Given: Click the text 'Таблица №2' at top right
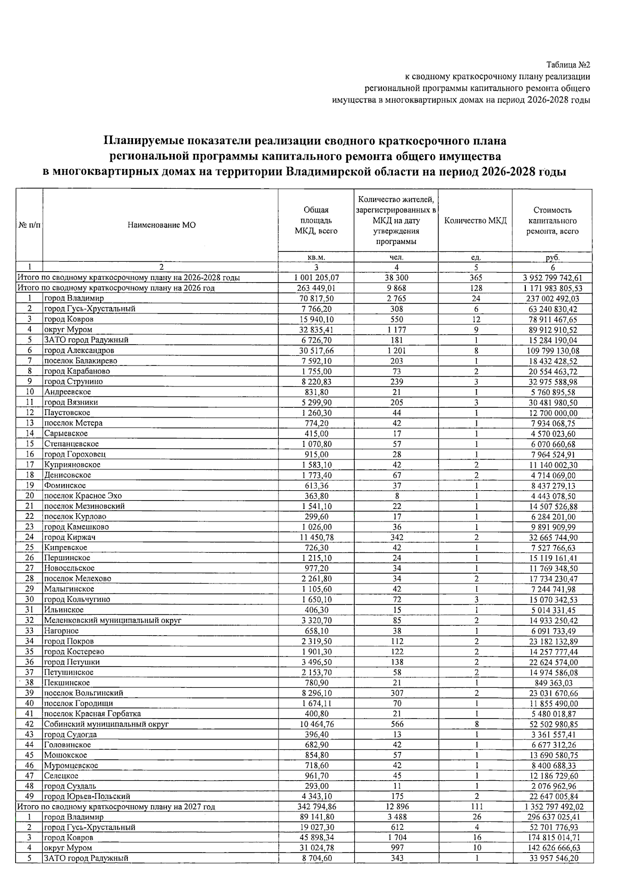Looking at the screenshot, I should coord(568,65).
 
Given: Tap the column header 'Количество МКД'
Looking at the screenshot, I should coord(475,221).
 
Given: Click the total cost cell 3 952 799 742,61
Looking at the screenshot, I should coord(552,278).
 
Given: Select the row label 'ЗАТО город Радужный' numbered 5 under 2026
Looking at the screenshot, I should coord(86,340).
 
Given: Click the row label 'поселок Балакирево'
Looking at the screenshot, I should coord(80,361).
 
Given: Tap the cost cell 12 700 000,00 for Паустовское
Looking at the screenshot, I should coord(552,413).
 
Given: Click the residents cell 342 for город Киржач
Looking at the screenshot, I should coord(396,537).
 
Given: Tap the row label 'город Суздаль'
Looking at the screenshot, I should coord(70,786).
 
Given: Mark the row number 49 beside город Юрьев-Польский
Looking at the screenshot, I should coord(29,797).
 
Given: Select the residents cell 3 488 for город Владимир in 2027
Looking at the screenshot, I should coord(396,817).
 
